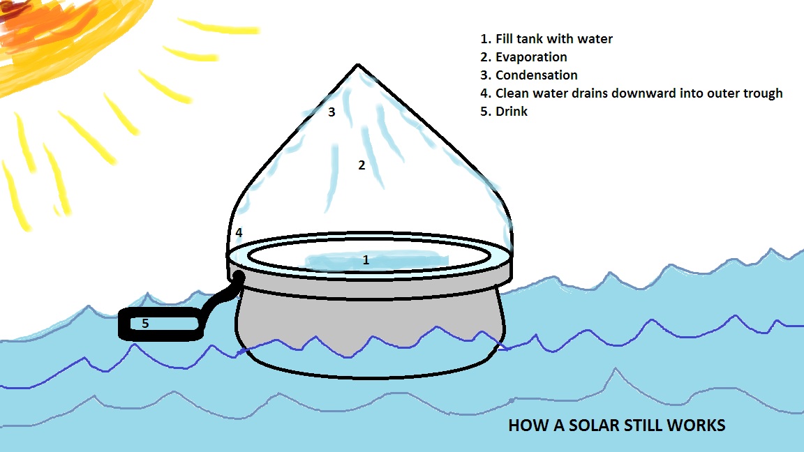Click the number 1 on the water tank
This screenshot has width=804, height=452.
pyautogui.click(x=365, y=261)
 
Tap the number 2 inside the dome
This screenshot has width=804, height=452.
pyautogui.click(x=362, y=165)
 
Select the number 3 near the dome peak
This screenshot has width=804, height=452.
pyautogui.click(x=332, y=112)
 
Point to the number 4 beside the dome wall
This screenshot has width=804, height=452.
pyautogui.click(x=239, y=232)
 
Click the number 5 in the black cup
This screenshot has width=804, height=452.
pyautogui.click(x=145, y=324)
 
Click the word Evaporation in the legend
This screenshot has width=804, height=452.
pyautogui.click(x=531, y=57)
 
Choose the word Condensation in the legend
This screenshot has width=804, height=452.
pyautogui.click(x=536, y=75)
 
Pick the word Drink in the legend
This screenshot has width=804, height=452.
pyautogui.click(x=512, y=112)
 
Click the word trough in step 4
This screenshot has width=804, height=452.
pyautogui.click(x=761, y=93)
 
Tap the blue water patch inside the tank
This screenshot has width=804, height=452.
pyautogui.click(x=377, y=262)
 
